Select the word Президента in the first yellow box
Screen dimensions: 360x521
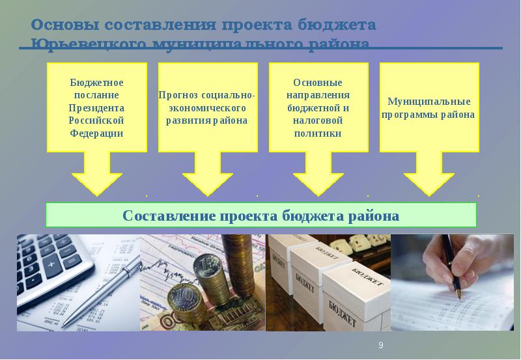pyautogui.click(x=96, y=107)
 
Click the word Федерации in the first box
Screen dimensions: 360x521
pyautogui.click(x=96, y=133)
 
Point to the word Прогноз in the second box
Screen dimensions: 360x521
pyautogui.click(x=178, y=95)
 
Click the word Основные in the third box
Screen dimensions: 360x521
pyautogui.click(x=318, y=83)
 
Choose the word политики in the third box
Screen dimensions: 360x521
pyautogui.click(x=318, y=133)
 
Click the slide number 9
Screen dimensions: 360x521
pyautogui.click(x=381, y=345)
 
